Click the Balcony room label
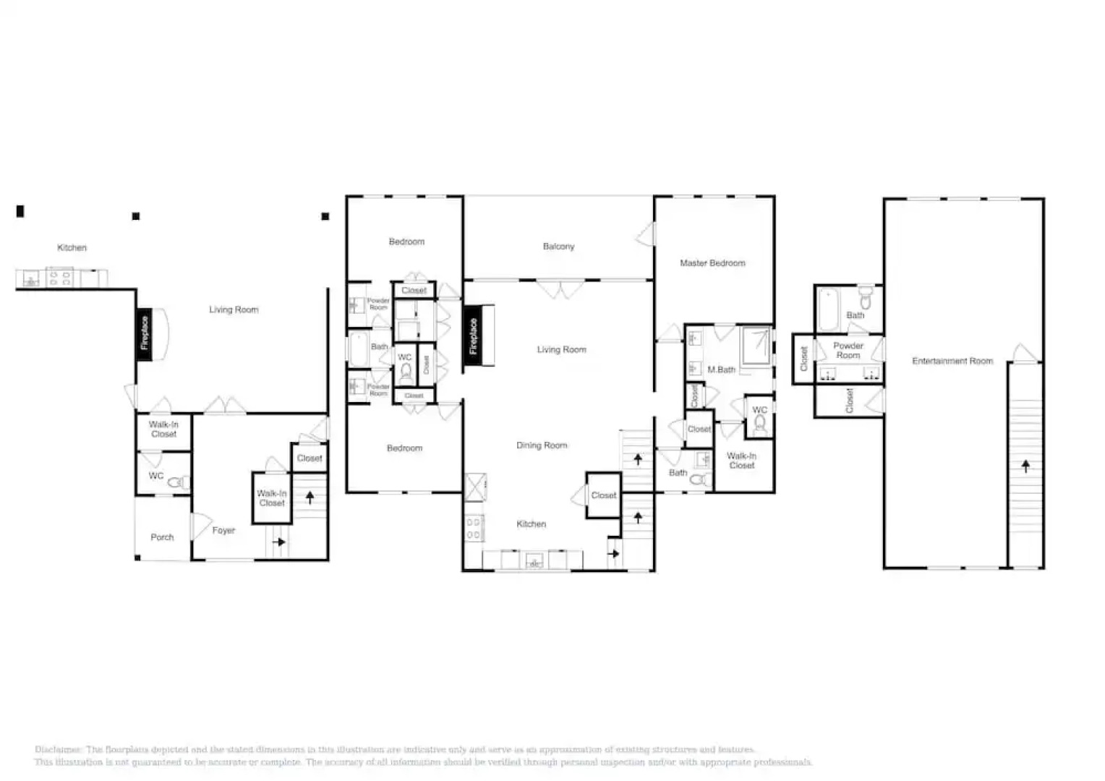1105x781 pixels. click(558, 247)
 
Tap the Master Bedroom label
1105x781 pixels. click(712, 263)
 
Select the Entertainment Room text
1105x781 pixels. click(952, 361)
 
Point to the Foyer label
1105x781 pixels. click(223, 531)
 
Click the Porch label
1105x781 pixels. click(162, 537)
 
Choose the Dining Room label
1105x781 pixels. click(542, 445)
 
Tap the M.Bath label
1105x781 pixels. click(721, 370)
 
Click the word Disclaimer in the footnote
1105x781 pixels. click(59, 750)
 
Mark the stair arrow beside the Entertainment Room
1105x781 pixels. click(1025, 466)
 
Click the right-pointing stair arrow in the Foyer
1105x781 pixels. click(278, 542)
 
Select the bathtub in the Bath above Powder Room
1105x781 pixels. click(829, 309)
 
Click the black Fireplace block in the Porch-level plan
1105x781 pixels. click(145, 333)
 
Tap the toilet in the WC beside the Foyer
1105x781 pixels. click(176, 482)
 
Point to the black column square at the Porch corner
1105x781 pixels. click(137, 558)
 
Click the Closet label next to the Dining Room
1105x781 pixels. click(603, 495)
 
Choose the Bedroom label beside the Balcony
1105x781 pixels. click(406, 242)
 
